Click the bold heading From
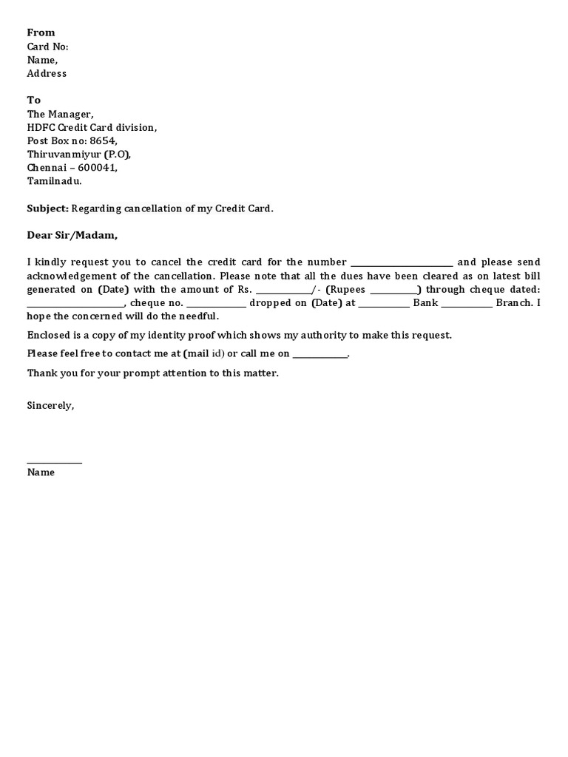41,33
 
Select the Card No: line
47,47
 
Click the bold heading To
34,100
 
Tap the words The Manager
60,114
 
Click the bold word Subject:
47,208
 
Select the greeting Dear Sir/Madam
72,235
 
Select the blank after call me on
319,354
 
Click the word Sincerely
50,405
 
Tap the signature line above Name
55,463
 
